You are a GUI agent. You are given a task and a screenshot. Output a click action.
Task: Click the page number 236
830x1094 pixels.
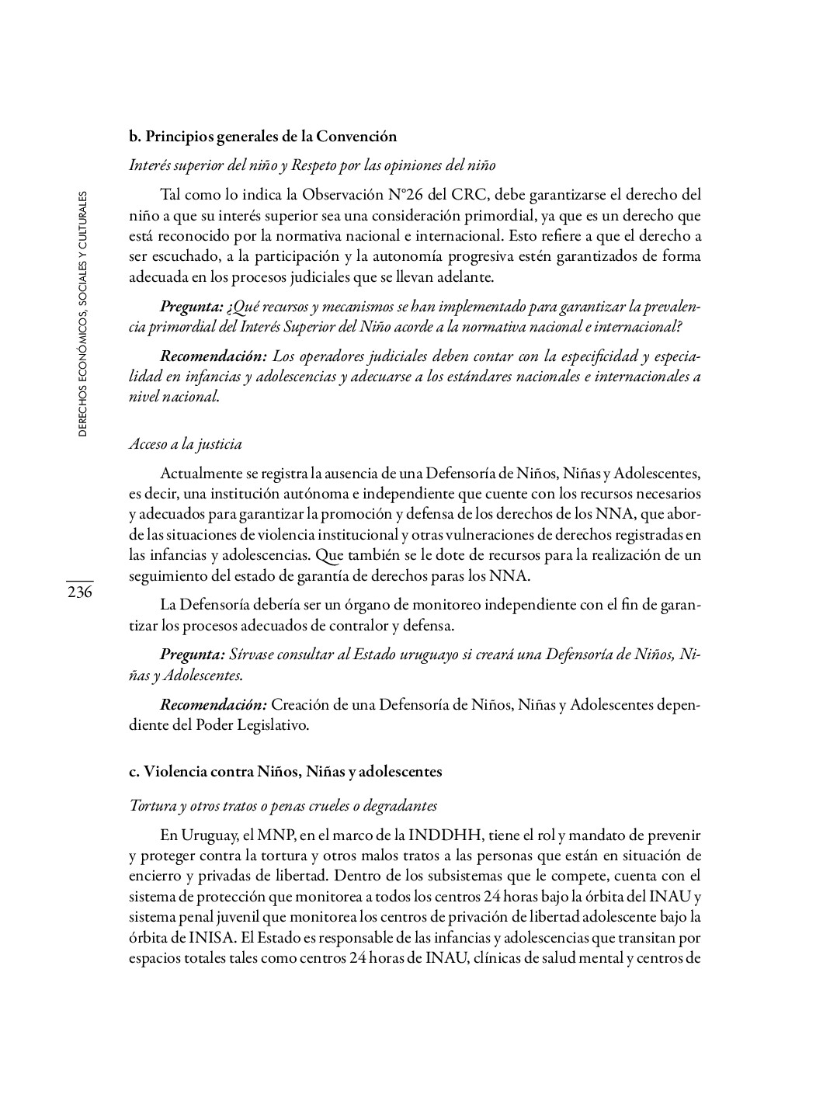click(x=79, y=592)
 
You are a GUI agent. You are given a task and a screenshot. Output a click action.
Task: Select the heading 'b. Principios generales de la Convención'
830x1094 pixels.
click(x=262, y=137)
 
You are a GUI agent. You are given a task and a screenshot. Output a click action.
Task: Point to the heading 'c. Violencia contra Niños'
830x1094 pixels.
click(x=285, y=772)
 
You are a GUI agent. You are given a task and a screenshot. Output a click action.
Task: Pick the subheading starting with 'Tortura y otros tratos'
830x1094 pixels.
click(x=283, y=806)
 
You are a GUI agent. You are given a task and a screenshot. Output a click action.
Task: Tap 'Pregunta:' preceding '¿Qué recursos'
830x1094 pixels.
click(x=192, y=307)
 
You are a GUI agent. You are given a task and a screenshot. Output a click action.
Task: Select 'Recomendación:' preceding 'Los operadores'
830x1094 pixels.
click(x=214, y=356)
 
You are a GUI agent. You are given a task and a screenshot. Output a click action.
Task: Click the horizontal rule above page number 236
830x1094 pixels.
click(x=79, y=580)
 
